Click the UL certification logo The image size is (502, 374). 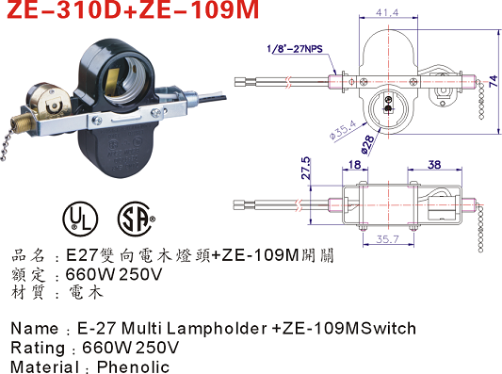[80, 219]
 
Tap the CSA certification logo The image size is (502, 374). [136, 219]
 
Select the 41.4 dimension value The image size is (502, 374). [387, 12]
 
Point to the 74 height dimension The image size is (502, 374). [494, 81]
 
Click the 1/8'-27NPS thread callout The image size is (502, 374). [295, 49]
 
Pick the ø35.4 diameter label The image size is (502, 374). [343, 130]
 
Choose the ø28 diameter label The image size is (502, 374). [367, 144]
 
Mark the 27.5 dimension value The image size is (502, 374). [306, 168]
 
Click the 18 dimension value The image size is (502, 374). [355, 165]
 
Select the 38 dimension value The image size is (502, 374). [434, 165]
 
